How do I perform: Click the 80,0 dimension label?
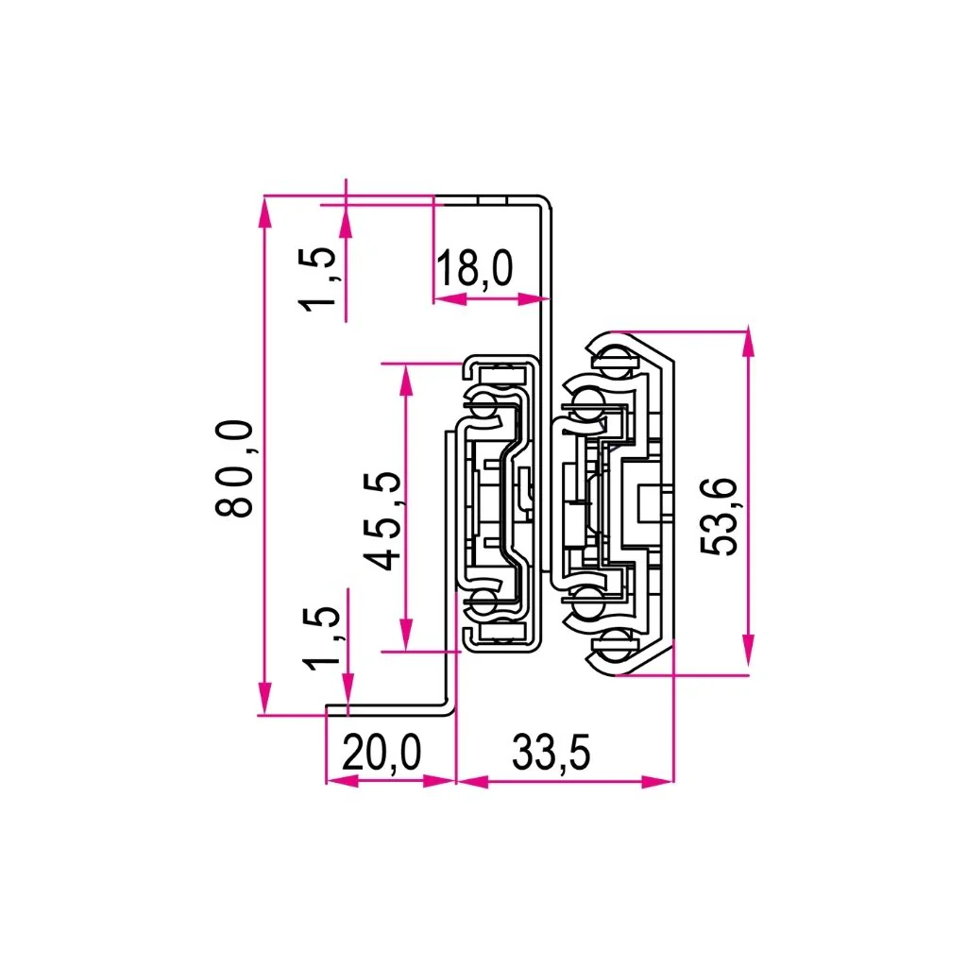pyautogui.click(x=234, y=468)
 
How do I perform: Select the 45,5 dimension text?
pyautogui.click(x=383, y=519)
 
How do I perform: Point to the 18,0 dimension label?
pyautogui.click(x=474, y=270)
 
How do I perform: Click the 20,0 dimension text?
pyautogui.click(x=381, y=754)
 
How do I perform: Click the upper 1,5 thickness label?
pyautogui.click(x=319, y=278)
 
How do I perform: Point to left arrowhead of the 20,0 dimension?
pyautogui.click(x=336, y=782)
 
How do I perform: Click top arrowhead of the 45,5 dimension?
pyautogui.click(x=406, y=376)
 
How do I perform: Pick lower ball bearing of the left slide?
pyautogui.click(x=485, y=601)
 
